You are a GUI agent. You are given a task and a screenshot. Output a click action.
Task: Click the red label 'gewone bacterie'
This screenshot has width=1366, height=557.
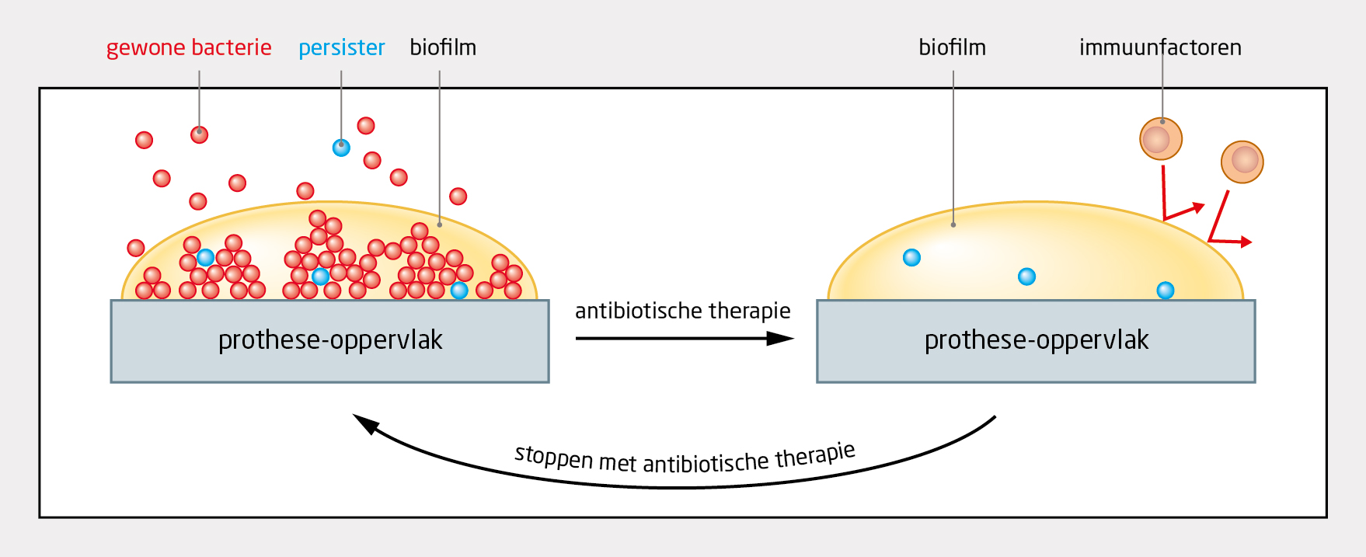coord(189,48)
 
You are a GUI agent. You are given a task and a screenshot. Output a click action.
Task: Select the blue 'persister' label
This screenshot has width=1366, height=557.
coord(342,48)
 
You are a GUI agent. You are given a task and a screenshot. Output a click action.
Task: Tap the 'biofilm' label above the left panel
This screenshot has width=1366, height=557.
coord(443,48)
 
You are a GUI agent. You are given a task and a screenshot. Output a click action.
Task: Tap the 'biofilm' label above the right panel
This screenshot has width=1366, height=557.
coord(952,48)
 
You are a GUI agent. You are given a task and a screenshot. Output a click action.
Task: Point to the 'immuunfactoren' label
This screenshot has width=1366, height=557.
coord(1160,48)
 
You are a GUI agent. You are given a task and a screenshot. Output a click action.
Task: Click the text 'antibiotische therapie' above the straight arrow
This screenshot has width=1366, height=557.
coord(682,312)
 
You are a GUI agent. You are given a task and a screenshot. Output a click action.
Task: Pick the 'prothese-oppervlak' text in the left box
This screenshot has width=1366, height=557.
coord(330,340)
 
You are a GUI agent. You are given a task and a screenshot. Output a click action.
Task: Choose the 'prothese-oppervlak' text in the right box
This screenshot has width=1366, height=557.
coord(1036,340)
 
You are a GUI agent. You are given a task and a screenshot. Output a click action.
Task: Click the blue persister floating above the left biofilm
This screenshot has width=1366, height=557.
coord(341,148)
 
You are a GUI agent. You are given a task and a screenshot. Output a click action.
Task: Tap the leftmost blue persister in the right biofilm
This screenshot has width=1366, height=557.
coord(911,258)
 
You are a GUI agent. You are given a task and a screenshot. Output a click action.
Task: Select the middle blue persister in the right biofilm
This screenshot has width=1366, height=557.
coord(1026,277)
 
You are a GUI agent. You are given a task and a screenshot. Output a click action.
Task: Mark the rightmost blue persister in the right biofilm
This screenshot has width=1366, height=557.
coord(1165,291)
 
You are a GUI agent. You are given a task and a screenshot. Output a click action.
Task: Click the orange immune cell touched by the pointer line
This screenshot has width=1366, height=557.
coord(1160,139)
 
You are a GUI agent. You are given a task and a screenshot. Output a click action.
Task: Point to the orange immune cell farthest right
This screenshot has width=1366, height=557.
coord(1242,162)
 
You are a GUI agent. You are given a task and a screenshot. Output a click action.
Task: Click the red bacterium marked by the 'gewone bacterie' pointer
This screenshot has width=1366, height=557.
coord(199,135)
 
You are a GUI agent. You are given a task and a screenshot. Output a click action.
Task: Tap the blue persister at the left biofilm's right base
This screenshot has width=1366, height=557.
coord(459,291)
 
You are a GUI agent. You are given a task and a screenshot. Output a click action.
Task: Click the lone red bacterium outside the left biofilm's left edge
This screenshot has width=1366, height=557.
coord(136,248)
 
